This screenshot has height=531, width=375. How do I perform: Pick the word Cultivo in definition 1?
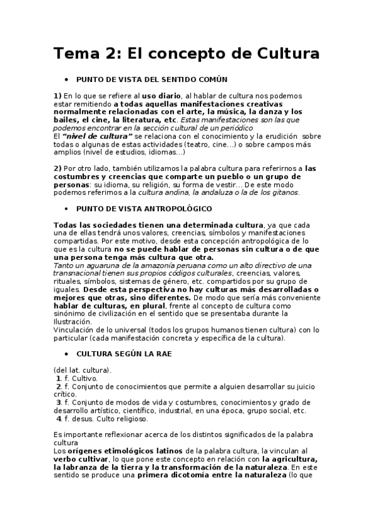(85, 378)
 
